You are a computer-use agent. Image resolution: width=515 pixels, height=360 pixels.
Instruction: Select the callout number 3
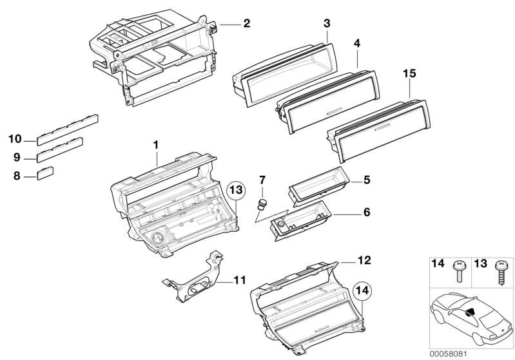pos(327,24)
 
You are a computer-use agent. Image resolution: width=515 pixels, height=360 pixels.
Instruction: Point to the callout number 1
pos(156,145)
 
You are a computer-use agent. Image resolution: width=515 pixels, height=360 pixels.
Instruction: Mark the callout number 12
pos(365,261)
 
